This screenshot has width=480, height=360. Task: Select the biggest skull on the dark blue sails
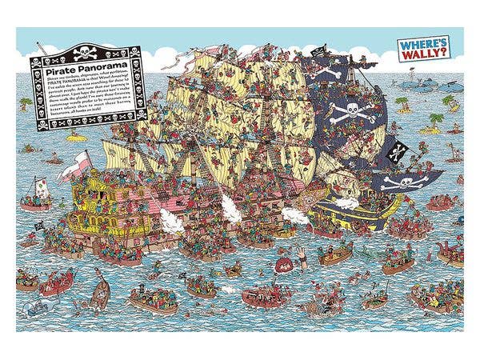[x=353, y=111]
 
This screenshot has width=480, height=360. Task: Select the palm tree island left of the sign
[x=26, y=105]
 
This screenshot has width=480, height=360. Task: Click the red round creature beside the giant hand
[x=282, y=262]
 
